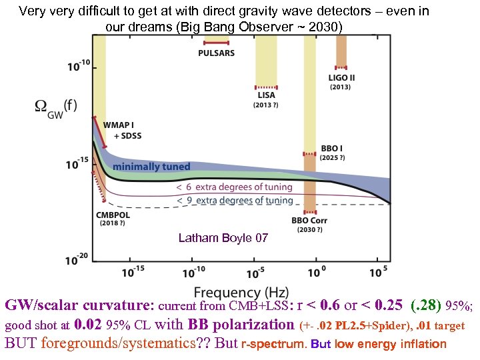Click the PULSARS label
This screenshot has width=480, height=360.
tap(216, 53)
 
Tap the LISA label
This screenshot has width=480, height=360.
tap(266, 95)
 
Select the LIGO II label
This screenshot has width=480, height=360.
tap(341, 77)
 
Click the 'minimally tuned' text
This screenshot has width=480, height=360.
tap(151, 167)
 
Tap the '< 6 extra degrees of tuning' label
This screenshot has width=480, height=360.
tap(234, 188)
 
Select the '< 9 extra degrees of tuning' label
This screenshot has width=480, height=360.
tap(234, 200)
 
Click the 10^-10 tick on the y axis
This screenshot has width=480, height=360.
tap(77, 67)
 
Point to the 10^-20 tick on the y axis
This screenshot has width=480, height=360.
tap(77, 260)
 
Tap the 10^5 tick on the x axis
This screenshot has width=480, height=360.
tap(377, 272)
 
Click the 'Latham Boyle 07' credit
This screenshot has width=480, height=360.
tap(223, 238)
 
